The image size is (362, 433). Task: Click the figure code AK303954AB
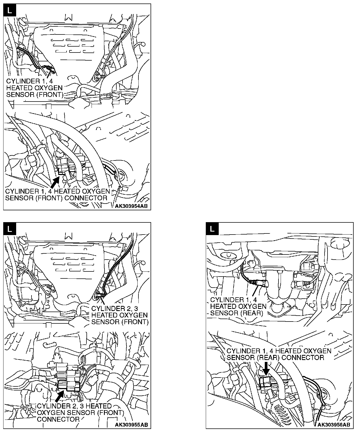(131, 207)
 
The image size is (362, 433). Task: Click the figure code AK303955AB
(131, 425)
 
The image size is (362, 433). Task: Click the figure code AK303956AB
(334, 425)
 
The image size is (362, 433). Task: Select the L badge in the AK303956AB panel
(213, 229)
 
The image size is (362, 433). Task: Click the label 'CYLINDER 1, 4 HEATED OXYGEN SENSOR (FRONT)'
(35, 88)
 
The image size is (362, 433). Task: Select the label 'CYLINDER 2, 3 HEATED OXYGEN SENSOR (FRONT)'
(120, 315)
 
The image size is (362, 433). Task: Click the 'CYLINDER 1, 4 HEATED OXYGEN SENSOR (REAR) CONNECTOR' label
(279, 354)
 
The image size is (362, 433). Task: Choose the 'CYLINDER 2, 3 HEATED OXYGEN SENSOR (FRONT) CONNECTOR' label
(80, 413)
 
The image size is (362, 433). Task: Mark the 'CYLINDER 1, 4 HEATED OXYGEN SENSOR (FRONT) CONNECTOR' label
(57, 195)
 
